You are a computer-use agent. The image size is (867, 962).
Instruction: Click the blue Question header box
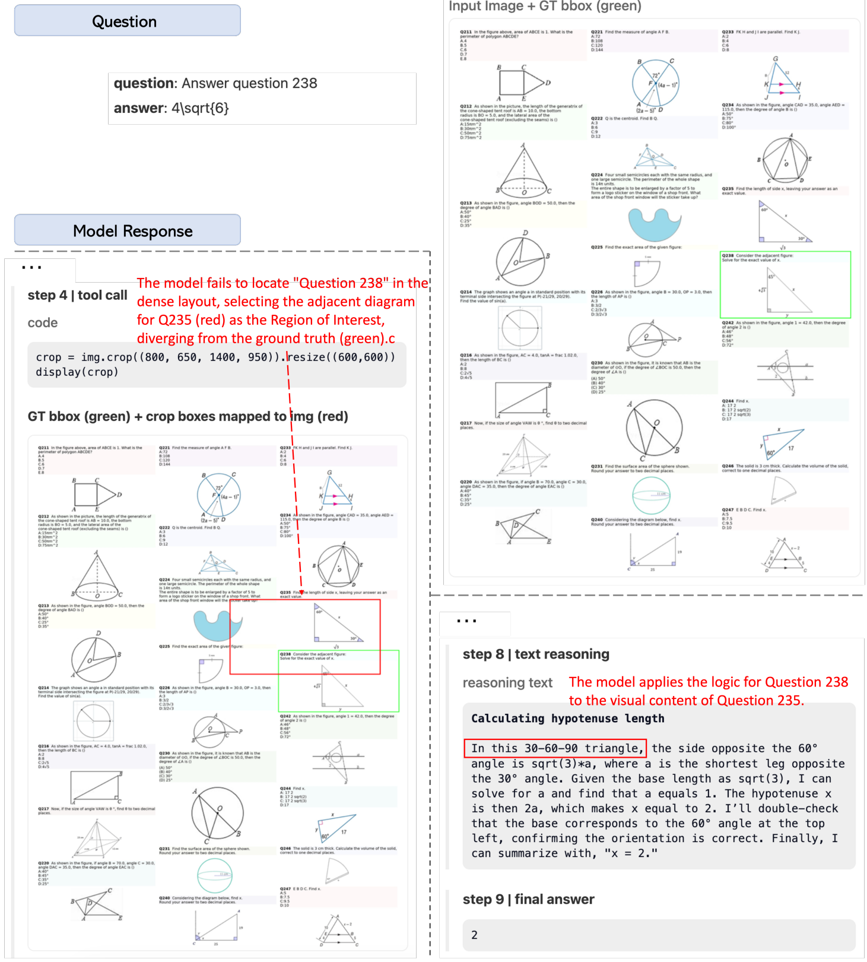(127, 21)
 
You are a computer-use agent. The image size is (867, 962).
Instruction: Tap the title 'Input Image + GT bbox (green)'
(544, 7)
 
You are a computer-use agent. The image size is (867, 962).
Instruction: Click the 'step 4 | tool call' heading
(77, 295)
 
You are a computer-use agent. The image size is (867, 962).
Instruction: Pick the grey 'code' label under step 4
(43, 322)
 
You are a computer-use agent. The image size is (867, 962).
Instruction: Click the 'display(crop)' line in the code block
(77, 372)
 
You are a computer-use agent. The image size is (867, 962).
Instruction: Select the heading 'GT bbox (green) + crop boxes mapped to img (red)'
(188, 416)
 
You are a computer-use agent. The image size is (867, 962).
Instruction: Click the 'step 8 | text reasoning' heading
(535, 654)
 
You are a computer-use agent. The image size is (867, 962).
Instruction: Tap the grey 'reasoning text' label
(507, 683)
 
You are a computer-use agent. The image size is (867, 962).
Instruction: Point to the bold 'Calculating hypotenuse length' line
(567, 718)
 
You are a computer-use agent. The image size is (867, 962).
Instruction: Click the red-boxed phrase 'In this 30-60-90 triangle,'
(555, 748)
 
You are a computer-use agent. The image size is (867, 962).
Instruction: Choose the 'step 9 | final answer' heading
(528, 899)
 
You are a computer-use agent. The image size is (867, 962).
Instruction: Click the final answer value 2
(474, 935)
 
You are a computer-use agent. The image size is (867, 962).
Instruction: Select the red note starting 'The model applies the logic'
(708, 691)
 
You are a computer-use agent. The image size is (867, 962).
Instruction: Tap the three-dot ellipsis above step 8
(466, 622)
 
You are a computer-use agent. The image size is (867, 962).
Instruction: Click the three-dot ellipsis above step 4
(31, 268)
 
